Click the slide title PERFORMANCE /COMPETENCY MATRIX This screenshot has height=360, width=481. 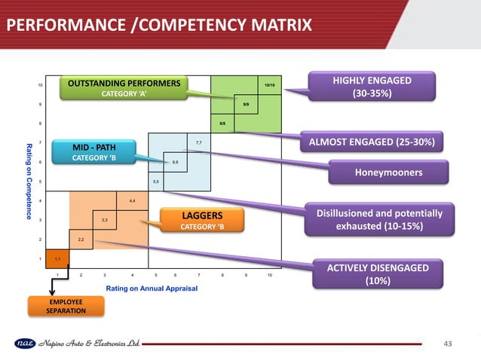(158, 27)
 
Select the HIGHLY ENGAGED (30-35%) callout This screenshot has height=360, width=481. (372, 87)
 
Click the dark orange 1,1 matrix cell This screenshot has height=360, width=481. (57, 258)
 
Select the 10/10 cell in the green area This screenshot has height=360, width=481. (268, 85)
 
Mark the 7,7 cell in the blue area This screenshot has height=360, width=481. (197, 142)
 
